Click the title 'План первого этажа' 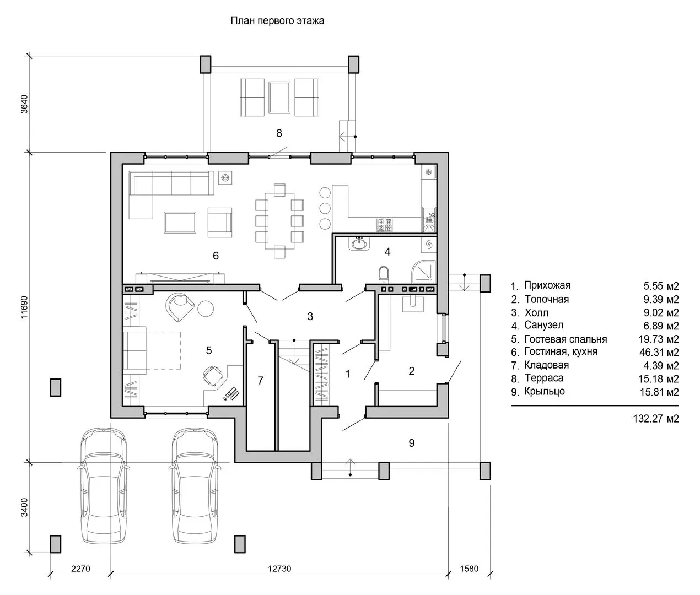pyautogui.click(x=277, y=20)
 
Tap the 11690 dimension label pyautogui.click(x=24, y=307)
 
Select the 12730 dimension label pyautogui.click(x=279, y=569)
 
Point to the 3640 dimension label pyautogui.click(x=24, y=104)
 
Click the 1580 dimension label pyautogui.click(x=469, y=569)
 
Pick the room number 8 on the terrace pyautogui.click(x=279, y=133)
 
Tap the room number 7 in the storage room pyautogui.click(x=260, y=381)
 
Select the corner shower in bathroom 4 pyautogui.click(x=423, y=272)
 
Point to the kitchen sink pyautogui.click(x=429, y=220)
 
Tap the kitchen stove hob pyautogui.click(x=385, y=225)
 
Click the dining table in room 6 pyautogui.click(x=280, y=220)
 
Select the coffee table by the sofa pyautogui.click(x=180, y=223)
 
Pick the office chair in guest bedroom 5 pyautogui.click(x=213, y=375)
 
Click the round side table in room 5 pyautogui.click(x=206, y=309)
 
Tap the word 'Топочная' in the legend pyautogui.click(x=547, y=299)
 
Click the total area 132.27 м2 pyautogui.click(x=656, y=419)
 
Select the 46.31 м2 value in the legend pyautogui.click(x=659, y=353)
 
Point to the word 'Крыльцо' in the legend pyautogui.click(x=545, y=392)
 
